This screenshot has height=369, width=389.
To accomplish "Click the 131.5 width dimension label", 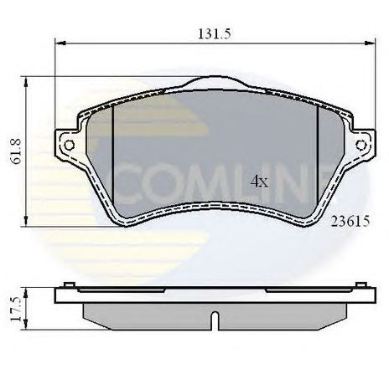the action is (x=215, y=34).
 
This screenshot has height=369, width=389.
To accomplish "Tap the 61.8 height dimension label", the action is (x=16, y=151).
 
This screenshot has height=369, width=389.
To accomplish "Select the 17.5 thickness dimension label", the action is (x=16, y=309).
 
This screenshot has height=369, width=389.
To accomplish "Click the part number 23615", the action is (x=350, y=222).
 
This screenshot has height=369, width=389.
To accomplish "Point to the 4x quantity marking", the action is (x=259, y=182).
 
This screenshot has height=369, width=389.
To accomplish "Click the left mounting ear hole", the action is (x=69, y=145).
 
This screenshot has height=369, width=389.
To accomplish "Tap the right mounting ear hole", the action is (x=361, y=145).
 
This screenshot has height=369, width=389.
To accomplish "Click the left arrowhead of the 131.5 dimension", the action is (x=60, y=44).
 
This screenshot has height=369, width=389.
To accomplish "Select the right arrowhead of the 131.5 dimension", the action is (x=369, y=44).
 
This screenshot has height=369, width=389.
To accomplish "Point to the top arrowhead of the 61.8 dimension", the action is (x=26, y=82).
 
